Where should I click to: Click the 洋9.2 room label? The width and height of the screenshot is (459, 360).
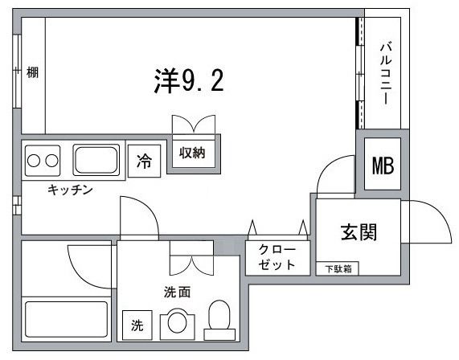(189, 80)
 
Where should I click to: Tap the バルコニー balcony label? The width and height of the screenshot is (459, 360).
(385, 72)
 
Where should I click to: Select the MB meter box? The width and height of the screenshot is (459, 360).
(382, 166)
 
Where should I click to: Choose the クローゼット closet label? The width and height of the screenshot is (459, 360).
(277, 257)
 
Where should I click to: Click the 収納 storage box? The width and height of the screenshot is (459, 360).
(192, 153)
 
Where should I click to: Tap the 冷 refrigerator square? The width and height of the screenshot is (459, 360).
(144, 161)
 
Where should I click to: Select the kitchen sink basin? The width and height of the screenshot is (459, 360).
(96, 159)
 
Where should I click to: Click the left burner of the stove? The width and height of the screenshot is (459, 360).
(35, 159)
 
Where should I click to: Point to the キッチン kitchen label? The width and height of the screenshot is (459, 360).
(71, 190)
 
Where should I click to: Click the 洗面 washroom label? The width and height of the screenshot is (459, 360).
(177, 292)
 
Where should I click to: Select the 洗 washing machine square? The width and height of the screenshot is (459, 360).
(137, 325)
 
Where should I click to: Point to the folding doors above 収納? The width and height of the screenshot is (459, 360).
(192, 127)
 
